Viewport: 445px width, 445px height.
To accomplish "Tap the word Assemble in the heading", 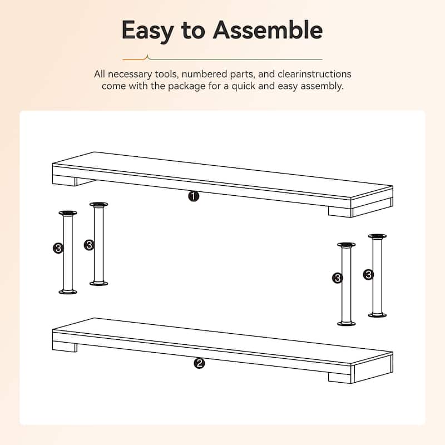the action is click(x=268, y=29).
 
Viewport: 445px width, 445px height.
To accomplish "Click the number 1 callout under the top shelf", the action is click(x=194, y=196).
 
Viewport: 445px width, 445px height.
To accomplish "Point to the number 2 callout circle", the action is click(x=199, y=363).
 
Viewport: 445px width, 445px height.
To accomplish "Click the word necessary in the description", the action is click(x=130, y=75).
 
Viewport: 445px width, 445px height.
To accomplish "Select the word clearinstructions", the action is click(x=314, y=74).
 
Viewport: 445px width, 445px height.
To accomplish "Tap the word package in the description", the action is click(x=186, y=86).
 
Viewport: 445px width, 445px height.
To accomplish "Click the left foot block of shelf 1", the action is click(x=65, y=180).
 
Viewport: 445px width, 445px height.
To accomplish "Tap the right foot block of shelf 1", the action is click(x=340, y=212).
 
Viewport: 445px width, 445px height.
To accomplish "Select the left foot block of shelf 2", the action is click(x=65, y=347).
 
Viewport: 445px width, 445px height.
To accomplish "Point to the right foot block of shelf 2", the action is click(x=340, y=378).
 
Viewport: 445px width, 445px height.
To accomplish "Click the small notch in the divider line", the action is click(x=147, y=58).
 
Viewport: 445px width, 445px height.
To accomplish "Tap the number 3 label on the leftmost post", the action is click(x=58, y=248).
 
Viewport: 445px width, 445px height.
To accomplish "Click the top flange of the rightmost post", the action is click(x=377, y=236).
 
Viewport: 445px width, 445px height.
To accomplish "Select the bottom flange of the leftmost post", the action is click(x=68, y=291).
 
